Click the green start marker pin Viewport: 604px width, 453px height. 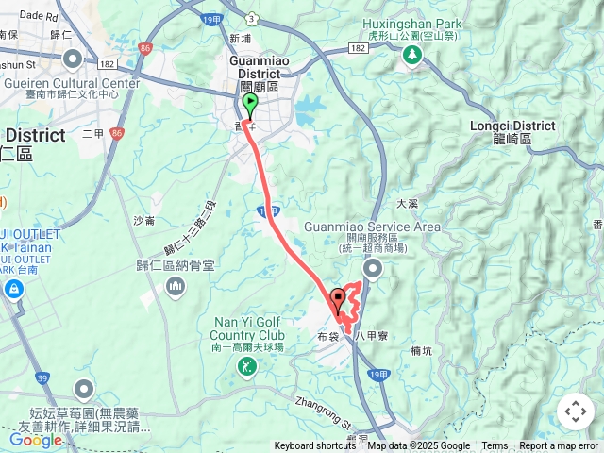(250, 104)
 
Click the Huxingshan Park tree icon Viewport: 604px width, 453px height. (412, 56)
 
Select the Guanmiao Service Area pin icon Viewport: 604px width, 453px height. (373, 271)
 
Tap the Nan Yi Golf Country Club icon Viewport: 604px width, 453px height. (247, 366)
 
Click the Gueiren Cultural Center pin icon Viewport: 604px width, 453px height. (73, 60)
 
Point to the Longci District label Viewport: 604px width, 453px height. (512, 131)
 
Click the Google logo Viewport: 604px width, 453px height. (35, 440)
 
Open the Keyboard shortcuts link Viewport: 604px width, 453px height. (315, 446)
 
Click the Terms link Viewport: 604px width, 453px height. (495, 446)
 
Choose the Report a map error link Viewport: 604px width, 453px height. (559, 446)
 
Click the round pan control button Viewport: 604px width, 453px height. (576, 411)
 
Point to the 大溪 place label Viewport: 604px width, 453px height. (407, 203)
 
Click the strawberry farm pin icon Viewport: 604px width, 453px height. (85, 389)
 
